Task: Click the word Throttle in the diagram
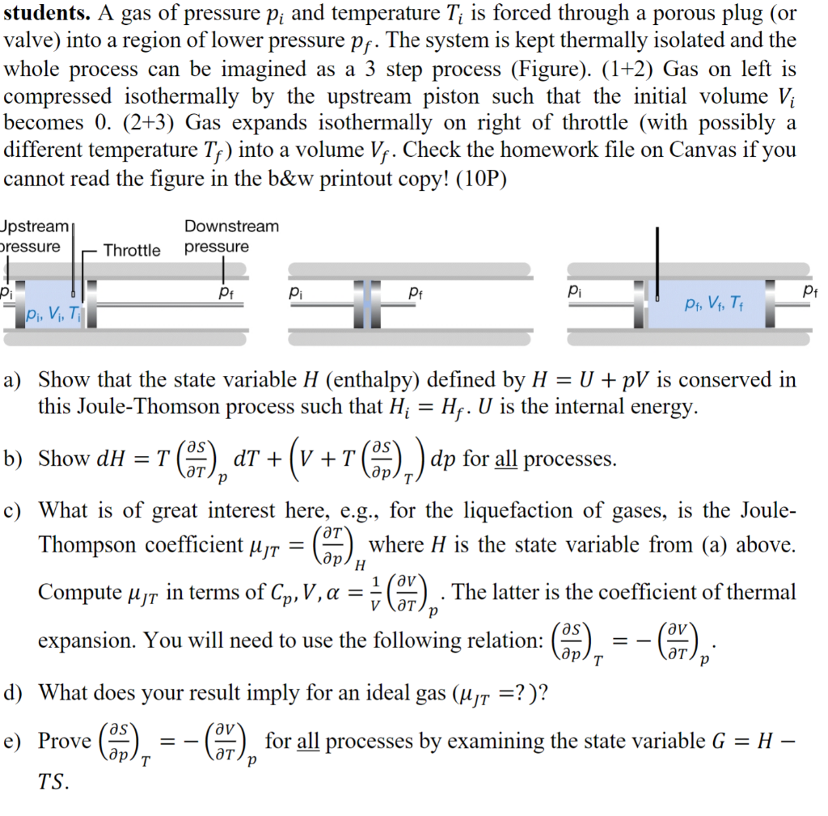point(132,250)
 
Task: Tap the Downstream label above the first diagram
point(231,226)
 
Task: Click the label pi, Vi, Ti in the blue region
point(53,313)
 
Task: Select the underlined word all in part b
point(506,459)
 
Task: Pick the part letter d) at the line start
point(14,693)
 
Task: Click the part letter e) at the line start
point(14,741)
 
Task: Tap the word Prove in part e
point(64,741)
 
